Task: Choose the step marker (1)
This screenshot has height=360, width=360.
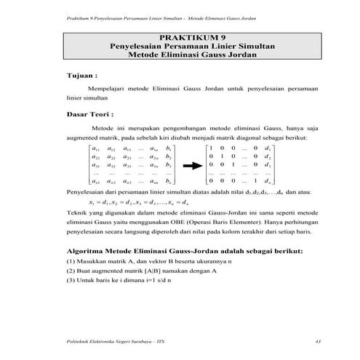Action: [x=70, y=260]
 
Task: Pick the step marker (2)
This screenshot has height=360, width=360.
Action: [x=70, y=270]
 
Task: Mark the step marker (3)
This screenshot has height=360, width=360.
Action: [x=70, y=280]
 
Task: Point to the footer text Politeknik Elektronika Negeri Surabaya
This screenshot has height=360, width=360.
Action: [x=109, y=341]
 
